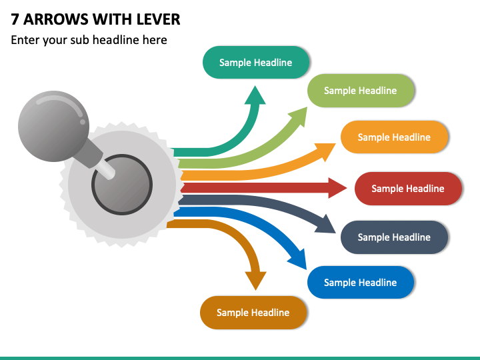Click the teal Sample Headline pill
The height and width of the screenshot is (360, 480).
point(255,63)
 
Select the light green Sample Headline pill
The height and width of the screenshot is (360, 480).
point(361,91)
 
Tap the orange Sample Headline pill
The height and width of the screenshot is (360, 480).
point(394,137)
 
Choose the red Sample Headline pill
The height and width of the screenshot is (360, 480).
point(408,189)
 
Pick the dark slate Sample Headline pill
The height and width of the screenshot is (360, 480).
point(394,237)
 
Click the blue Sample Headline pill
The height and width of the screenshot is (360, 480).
point(361,283)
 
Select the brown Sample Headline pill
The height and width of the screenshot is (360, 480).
point(253,313)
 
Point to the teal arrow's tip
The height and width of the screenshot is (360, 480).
point(255,86)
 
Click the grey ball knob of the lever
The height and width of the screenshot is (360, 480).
point(53,126)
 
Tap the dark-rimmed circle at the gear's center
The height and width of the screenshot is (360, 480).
point(122,185)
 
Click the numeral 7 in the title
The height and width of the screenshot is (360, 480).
point(15,19)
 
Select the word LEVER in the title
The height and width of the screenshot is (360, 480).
point(158,19)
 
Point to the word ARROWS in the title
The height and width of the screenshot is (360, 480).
point(56,19)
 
